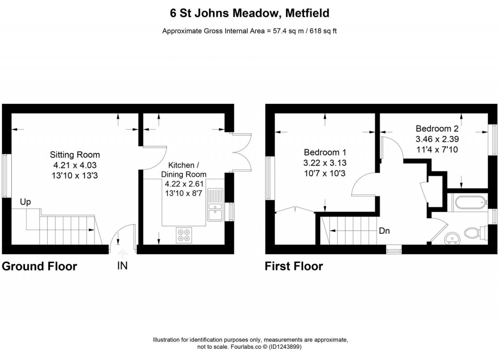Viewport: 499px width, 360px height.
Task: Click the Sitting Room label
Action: click(x=75, y=155)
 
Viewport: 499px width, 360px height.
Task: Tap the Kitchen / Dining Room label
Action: click(x=184, y=170)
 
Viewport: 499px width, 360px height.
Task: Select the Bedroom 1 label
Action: click(x=325, y=152)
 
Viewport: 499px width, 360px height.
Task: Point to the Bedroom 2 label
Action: click(x=437, y=129)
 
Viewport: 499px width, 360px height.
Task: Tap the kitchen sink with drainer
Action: click(x=215, y=205)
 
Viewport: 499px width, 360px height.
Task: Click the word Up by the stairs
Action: click(x=25, y=202)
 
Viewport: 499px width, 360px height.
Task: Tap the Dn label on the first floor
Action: click(x=384, y=231)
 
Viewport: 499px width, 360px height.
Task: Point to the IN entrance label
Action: click(x=122, y=266)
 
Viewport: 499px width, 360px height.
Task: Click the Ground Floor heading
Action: click(x=39, y=266)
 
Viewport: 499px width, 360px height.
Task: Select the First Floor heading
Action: click(x=294, y=266)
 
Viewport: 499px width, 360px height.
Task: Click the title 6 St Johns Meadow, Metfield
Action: click(x=249, y=13)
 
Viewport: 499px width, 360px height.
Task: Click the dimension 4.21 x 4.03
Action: click(x=75, y=165)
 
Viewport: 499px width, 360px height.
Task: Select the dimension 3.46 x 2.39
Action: click(x=437, y=139)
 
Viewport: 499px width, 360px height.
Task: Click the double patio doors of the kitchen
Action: click(x=242, y=152)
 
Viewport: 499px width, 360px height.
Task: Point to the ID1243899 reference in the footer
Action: click(x=285, y=347)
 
